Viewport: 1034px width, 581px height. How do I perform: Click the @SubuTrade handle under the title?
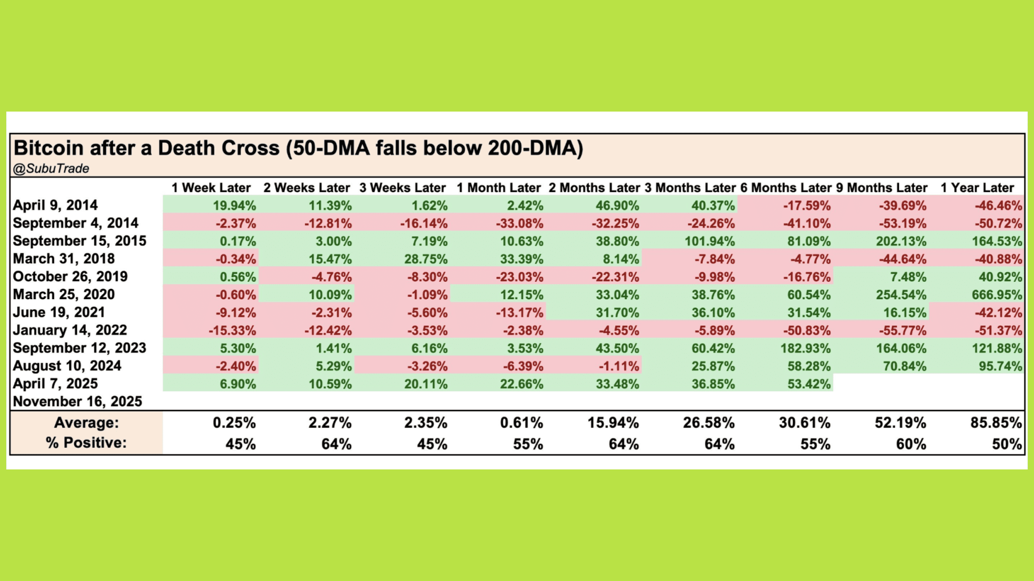[x=51, y=169]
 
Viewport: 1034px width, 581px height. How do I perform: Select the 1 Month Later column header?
[x=499, y=188]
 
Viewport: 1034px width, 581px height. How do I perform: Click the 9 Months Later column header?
[x=881, y=188]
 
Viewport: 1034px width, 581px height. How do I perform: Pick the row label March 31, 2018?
[x=64, y=259]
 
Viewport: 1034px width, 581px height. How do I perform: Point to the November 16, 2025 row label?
[x=77, y=401]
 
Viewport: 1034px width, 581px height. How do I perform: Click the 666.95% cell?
[x=997, y=295]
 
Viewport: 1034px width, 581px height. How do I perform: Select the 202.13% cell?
[x=901, y=241]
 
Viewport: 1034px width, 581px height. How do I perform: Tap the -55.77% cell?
[x=902, y=331]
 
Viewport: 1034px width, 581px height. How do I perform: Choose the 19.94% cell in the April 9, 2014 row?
[x=234, y=205]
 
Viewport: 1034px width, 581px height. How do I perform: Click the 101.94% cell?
[x=709, y=241]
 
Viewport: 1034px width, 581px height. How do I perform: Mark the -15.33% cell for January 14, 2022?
[x=232, y=331]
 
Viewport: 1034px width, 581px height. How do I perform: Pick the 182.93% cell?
[x=805, y=348]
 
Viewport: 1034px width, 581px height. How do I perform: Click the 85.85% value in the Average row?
[x=996, y=423]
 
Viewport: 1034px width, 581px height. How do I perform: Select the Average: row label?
[x=86, y=423]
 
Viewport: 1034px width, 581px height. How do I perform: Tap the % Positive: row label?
[x=86, y=443]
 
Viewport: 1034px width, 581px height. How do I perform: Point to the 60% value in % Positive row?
[x=911, y=444]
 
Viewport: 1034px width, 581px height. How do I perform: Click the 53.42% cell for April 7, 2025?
[x=809, y=384]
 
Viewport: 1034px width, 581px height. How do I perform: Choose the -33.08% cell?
[x=519, y=224]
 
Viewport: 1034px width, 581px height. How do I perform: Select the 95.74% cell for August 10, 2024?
[x=1000, y=366]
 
